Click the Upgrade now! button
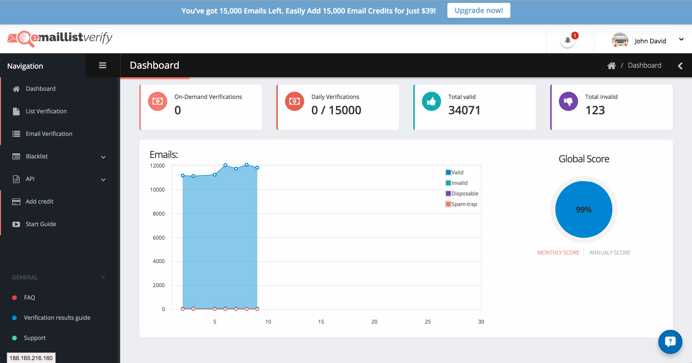tap(479, 11)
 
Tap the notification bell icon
tap(568, 41)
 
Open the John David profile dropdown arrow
tap(681, 39)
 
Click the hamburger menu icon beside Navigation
tap(103, 65)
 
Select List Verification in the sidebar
tap(46, 111)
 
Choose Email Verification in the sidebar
tap(49, 134)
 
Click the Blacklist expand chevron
tap(103, 157)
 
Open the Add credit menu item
tap(39, 201)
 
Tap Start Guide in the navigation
tap(41, 224)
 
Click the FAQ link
tap(29, 297)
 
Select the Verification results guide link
tap(57, 318)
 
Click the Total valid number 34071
tap(464, 110)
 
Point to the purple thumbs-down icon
tap(568, 102)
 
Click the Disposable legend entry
tap(462, 193)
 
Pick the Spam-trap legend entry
tap(461, 204)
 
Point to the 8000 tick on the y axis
tap(159, 214)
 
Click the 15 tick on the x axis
tap(321, 322)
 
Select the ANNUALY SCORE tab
tap(610, 253)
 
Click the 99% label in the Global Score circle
tap(584, 210)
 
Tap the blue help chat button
tap(670, 342)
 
